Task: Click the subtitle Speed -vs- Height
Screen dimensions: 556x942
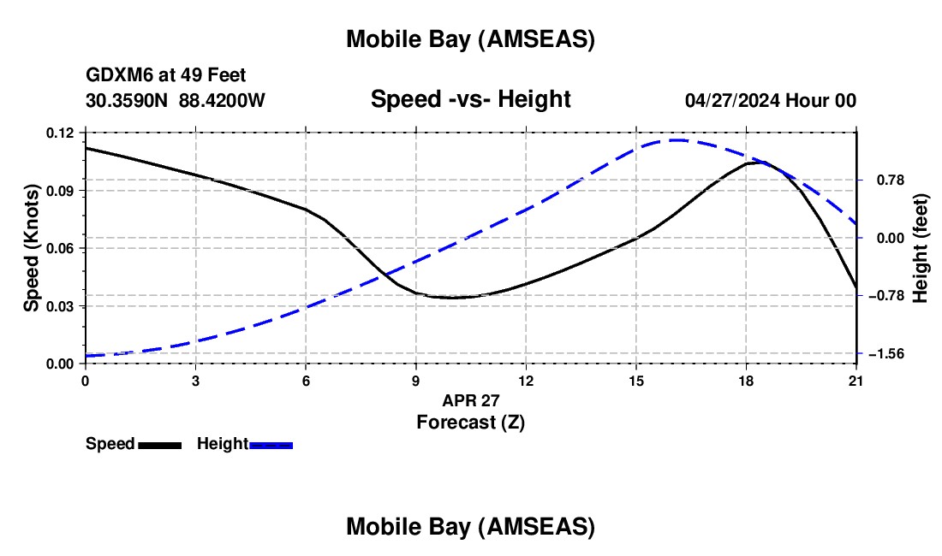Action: tap(470, 100)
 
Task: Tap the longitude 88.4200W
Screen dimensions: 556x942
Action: tap(222, 100)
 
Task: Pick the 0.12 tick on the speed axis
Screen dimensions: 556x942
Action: tap(62, 133)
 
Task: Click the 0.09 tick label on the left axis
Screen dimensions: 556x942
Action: tap(62, 190)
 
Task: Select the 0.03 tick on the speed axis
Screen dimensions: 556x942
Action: tap(62, 306)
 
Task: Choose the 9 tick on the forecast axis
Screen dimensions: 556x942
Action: tap(416, 380)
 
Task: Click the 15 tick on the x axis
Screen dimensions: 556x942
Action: tap(636, 380)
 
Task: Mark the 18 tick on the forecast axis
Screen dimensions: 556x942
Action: tap(747, 380)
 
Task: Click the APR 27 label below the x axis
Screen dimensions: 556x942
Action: tap(471, 400)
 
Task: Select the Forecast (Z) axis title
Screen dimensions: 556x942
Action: tap(470, 422)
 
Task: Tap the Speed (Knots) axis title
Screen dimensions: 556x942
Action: tap(32, 248)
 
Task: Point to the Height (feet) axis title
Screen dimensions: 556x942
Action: tap(921, 248)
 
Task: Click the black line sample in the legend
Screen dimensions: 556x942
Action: tap(159, 445)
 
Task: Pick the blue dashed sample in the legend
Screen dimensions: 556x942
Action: tap(271, 445)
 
